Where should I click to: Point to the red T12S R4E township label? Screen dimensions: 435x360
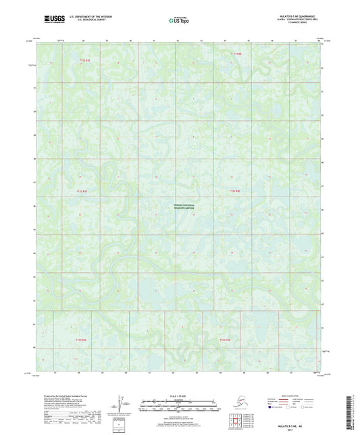point(232,192)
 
